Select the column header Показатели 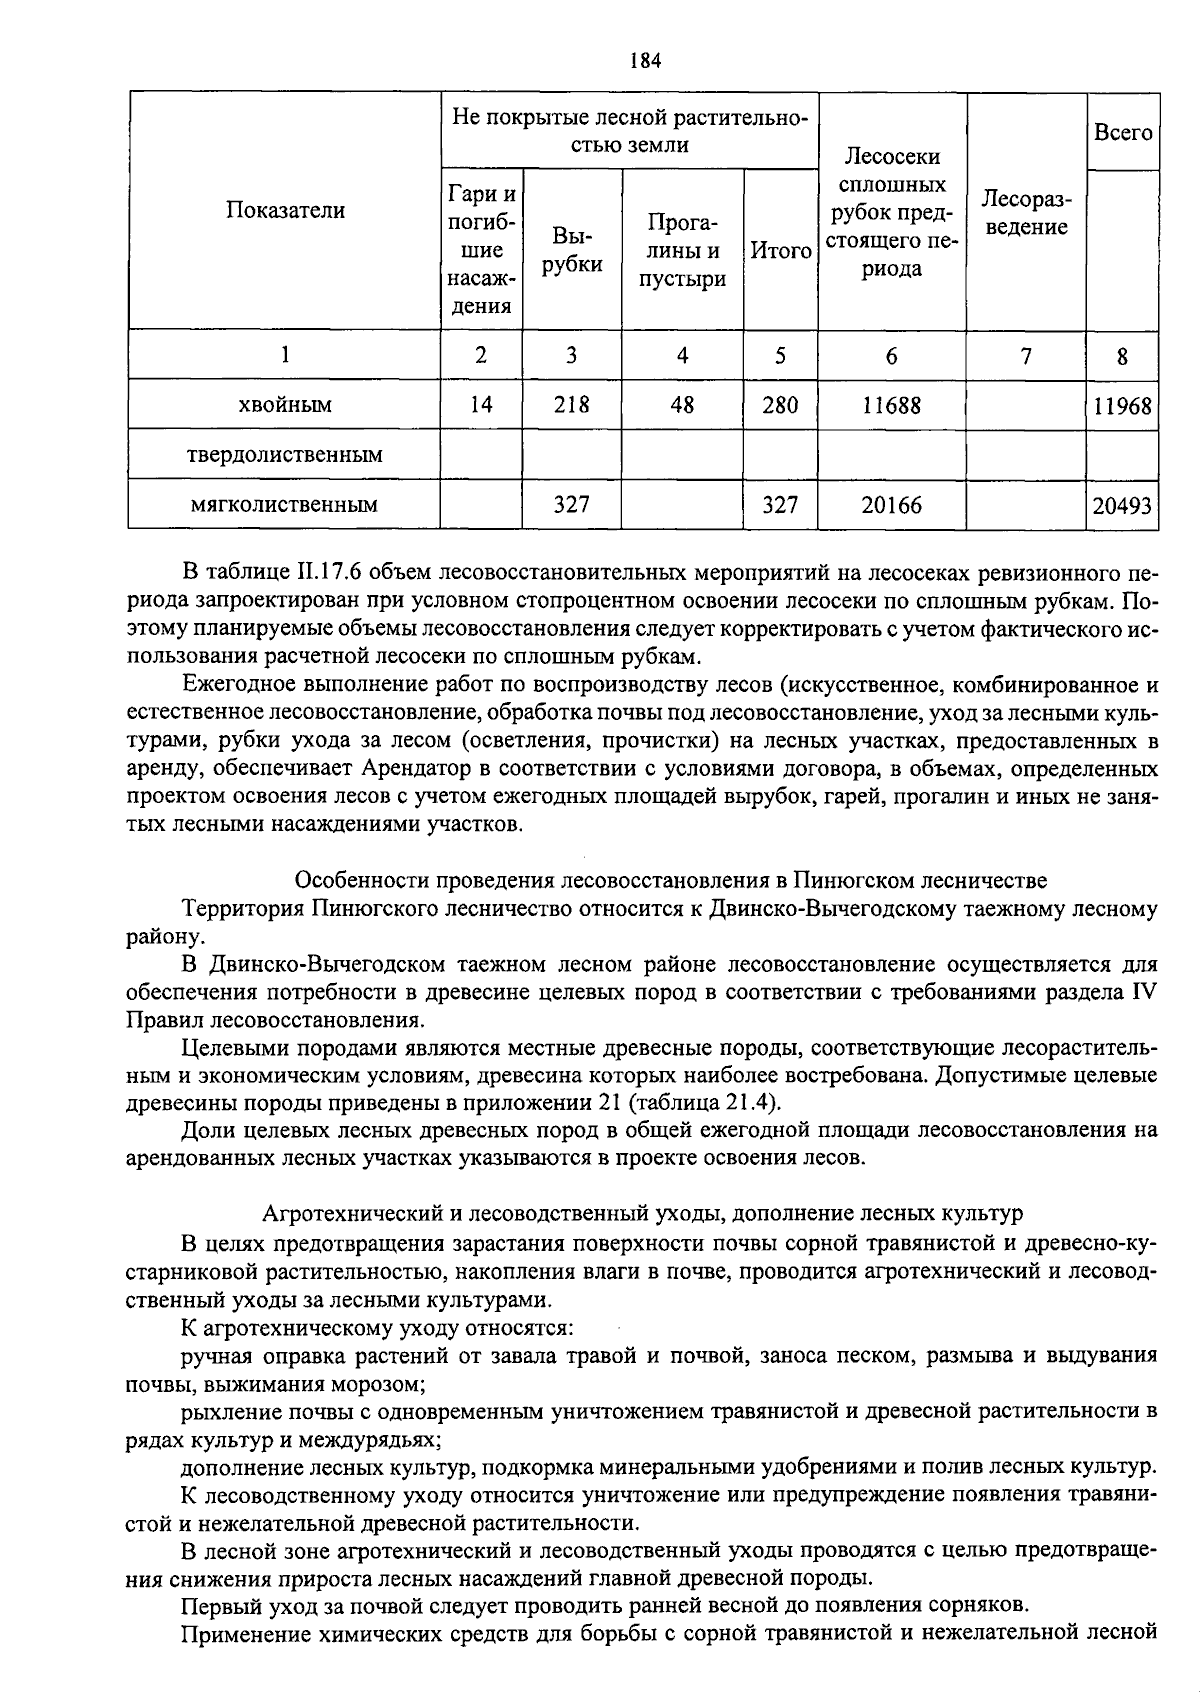[285, 210]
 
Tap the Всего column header [1122, 132]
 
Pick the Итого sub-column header [780, 251]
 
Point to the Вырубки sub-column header [571, 250]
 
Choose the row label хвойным [285, 405]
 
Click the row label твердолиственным [285, 455]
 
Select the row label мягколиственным [285, 505]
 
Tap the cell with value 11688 [891, 405]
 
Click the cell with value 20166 [891, 505]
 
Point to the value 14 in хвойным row [481, 405]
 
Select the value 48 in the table [682, 405]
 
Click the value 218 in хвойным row [571, 405]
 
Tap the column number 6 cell [891, 356]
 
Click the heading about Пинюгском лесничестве [671, 881]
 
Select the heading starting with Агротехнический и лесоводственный [642, 1214]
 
